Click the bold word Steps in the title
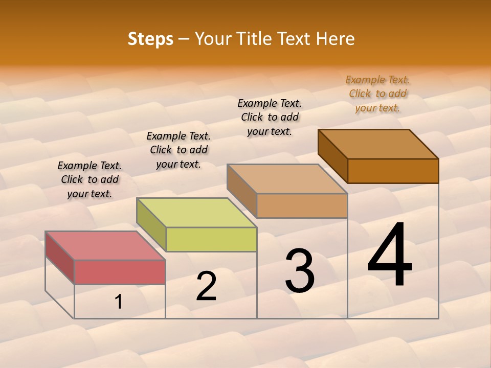point(150,39)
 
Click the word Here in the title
point(335,39)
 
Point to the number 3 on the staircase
point(299,271)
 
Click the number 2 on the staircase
point(206,287)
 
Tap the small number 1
point(119,302)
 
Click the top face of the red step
point(105,245)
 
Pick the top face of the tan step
point(287,178)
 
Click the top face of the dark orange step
point(378,144)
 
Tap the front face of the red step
point(120,272)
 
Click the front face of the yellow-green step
point(211,239)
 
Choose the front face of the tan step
point(302,205)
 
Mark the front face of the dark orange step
point(393,171)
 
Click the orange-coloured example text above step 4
point(377,94)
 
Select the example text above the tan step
point(270,117)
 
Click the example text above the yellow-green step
point(178,150)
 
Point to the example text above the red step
point(90,179)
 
